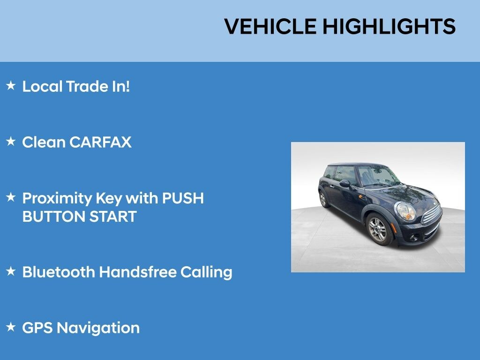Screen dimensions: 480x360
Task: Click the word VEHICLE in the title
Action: pyautogui.click(x=270, y=26)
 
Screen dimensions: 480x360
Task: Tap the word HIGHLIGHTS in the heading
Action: pyautogui.click(x=389, y=26)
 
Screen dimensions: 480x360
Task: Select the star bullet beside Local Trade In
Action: pyautogui.click(x=11, y=85)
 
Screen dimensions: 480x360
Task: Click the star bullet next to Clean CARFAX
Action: pyautogui.click(x=11, y=142)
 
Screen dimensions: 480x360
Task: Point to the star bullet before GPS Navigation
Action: pyautogui.click(x=11, y=327)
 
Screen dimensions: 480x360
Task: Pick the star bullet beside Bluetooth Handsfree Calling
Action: pyautogui.click(x=11, y=271)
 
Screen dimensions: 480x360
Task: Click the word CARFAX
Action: pyautogui.click(x=100, y=142)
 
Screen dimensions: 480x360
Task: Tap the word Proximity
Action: pyautogui.click(x=57, y=198)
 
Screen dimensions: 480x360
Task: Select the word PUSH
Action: pyautogui.click(x=183, y=198)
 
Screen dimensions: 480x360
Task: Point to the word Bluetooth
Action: pyautogui.click(x=59, y=272)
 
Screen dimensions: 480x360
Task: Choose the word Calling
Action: pyautogui.click(x=206, y=272)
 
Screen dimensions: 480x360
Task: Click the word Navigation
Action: pyautogui.click(x=98, y=328)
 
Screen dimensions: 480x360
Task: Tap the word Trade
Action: pyautogui.click(x=87, y=86)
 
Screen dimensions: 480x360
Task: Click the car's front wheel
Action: pyautogui.click(x=379, y=229)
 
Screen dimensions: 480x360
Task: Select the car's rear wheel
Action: pyautogui.click(x=323, y=199)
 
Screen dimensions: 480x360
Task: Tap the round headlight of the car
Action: pyautogui.click(x=405, y=211)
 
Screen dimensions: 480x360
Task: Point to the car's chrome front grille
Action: pyautogui.click(x=432, y=214)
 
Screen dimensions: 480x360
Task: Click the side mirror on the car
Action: pyautogui.click(x=345, y=183)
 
